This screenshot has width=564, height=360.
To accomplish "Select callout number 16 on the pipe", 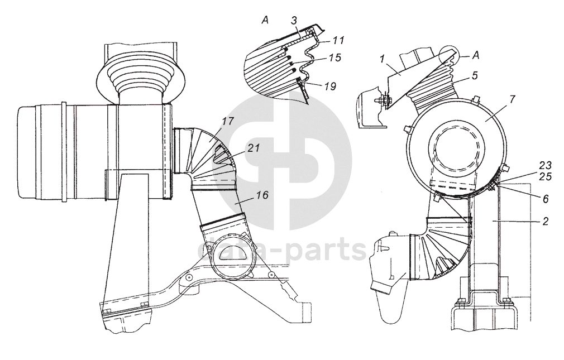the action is pyautogui.click(x=262, y=195).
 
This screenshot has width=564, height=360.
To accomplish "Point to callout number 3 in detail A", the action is pyautogui.click(x=293, y=21).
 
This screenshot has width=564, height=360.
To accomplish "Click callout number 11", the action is pyautogui.click(x=338, y=40).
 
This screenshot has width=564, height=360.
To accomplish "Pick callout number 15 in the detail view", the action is pyautogui.click(x=334, y=58).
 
